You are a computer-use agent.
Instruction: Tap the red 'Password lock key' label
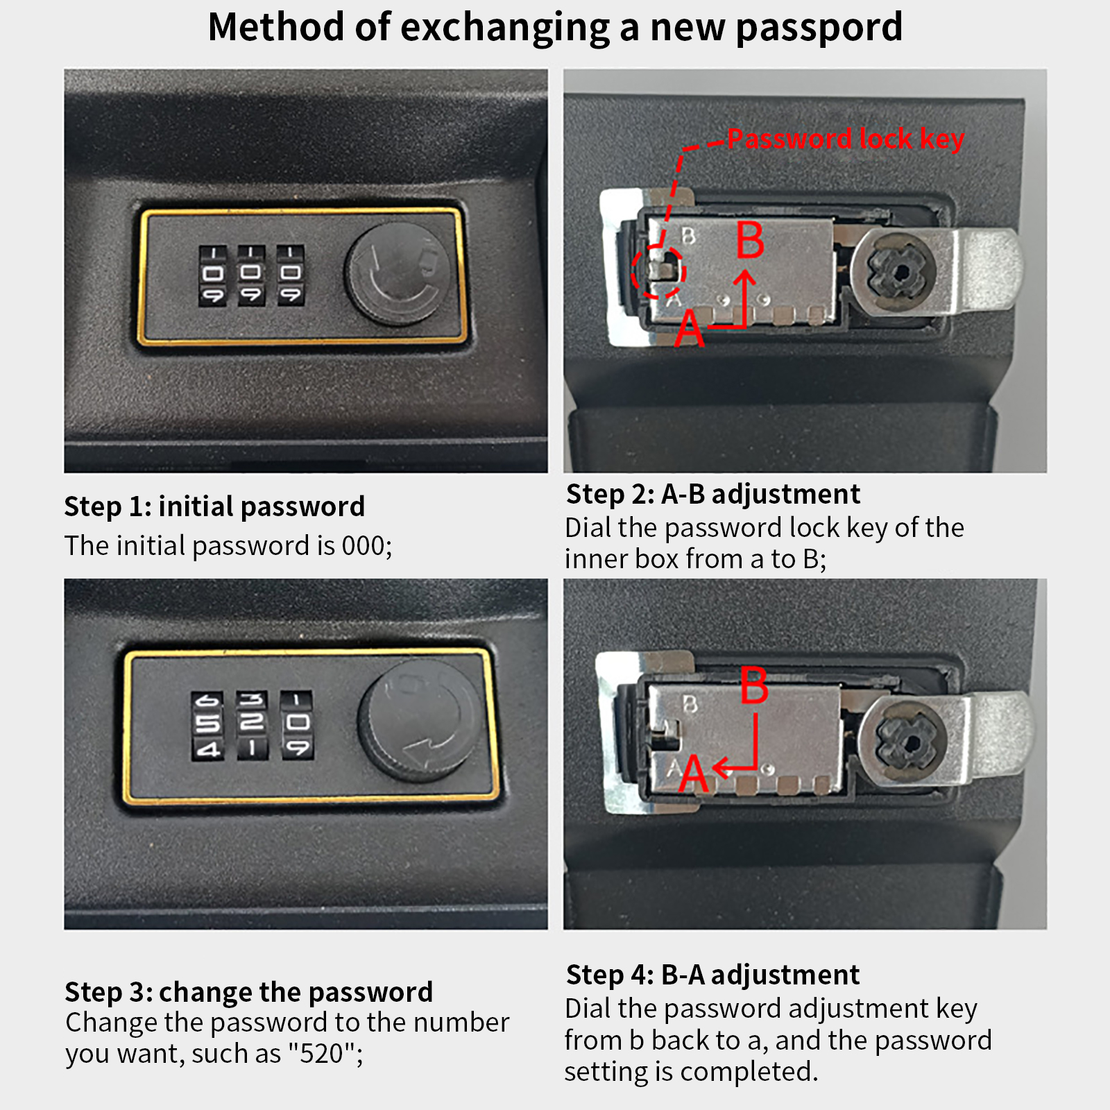(x=846, y=139)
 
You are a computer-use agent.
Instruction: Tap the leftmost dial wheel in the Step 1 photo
(x=213, y=275)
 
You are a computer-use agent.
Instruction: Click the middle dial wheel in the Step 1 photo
(x=251, y=275)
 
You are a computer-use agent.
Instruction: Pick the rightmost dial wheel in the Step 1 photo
(x=290, y=275)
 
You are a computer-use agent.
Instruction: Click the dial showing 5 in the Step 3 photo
(x=207, y=725)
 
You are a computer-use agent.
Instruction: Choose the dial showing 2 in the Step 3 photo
(x=252, y=724)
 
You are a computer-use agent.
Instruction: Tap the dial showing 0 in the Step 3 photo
(x=297, y=724)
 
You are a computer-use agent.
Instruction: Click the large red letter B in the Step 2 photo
(x=750, y=240)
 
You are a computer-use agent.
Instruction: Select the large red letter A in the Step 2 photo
(x=689, y=328)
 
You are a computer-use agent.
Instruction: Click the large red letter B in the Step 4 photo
(x=754, y=685)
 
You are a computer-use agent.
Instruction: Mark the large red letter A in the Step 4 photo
(x=693, y=774)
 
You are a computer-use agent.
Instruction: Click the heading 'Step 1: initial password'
(x=214, y=506)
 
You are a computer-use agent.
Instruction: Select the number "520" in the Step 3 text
(x=322, y=1054)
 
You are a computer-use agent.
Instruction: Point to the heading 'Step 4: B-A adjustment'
(x=712, y=975)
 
